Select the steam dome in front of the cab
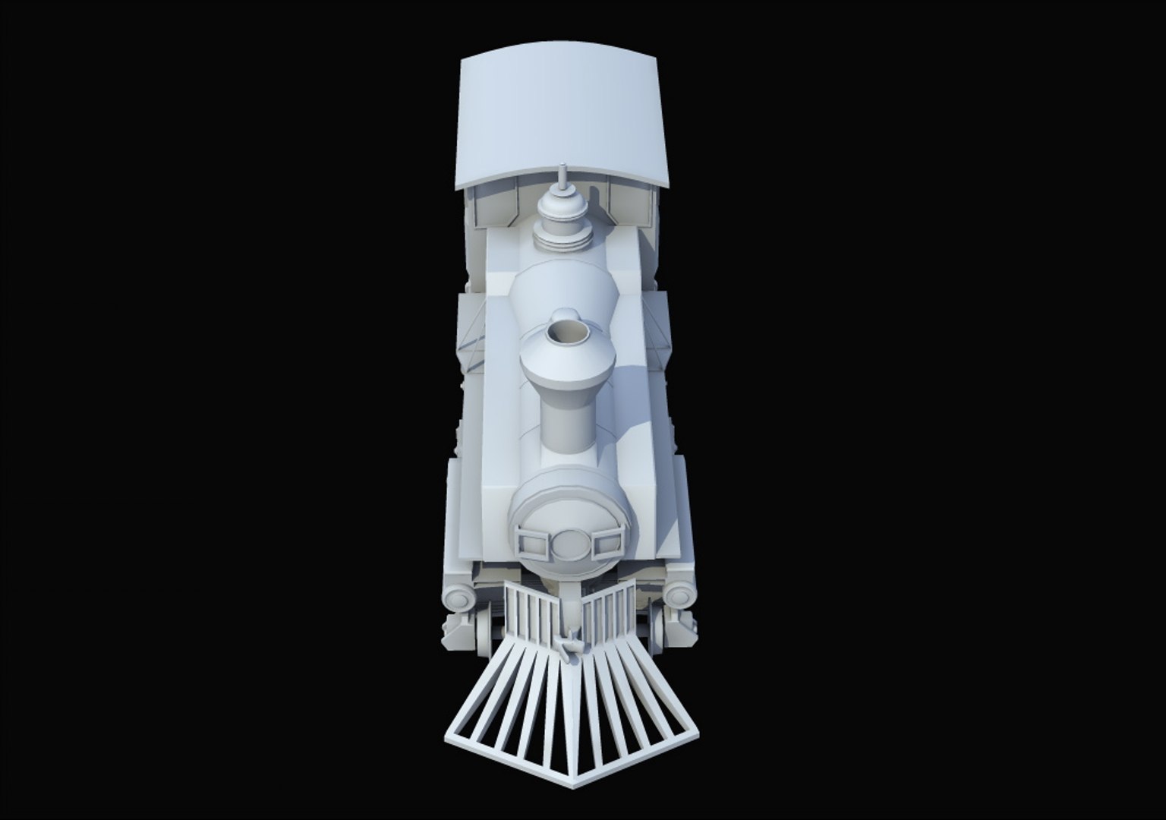pyautogui.click(x=562, y=220)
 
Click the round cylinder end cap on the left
pyautogui.click(x=459, y=598)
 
